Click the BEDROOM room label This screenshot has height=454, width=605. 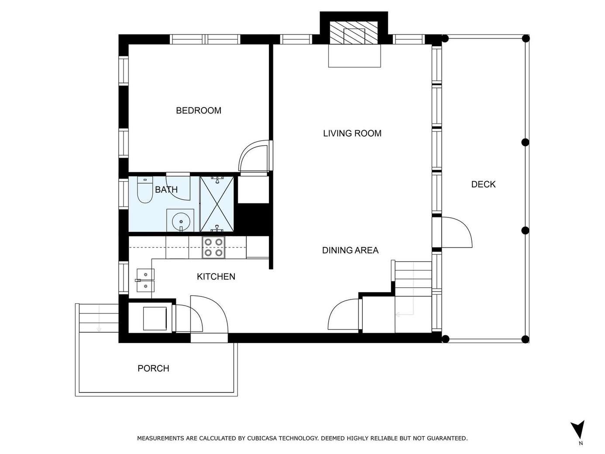click(199, 110)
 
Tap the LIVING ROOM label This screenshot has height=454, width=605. click(352, 134)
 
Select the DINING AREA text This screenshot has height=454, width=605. click(351, 250)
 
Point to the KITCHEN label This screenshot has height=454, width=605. click(216, 276)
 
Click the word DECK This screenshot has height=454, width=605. click(483, 184)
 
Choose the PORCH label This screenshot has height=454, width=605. click(153, 368)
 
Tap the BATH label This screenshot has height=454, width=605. click(166, 189)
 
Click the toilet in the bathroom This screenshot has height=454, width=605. click(145, 190)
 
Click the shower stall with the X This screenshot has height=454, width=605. click(217, 204)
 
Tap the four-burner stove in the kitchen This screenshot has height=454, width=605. click(213, 248)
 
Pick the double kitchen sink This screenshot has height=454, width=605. click(145, 280)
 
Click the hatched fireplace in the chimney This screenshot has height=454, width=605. click(354, 33)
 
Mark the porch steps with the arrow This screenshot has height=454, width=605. click(99, 318)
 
